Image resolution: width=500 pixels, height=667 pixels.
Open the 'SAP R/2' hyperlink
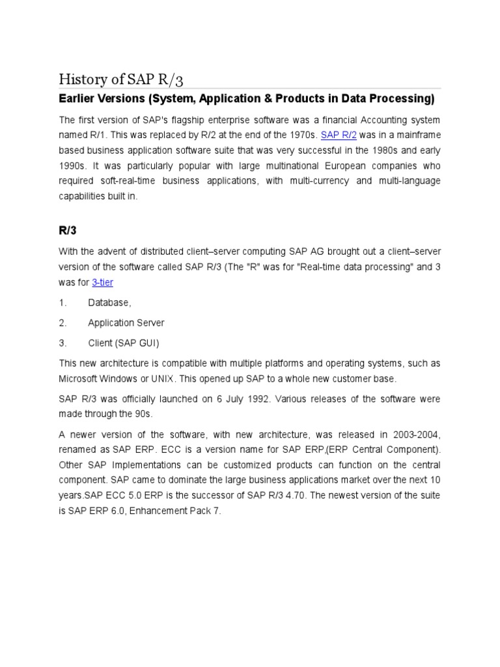(339, 135)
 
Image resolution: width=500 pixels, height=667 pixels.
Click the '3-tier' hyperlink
(102, 282)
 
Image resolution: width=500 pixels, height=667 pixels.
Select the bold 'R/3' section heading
(68, 230)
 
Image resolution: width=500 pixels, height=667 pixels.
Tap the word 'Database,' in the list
(109, 303)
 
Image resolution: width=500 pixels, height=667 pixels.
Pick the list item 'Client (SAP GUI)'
(123, 343)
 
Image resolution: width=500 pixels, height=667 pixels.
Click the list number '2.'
(62, 323)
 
